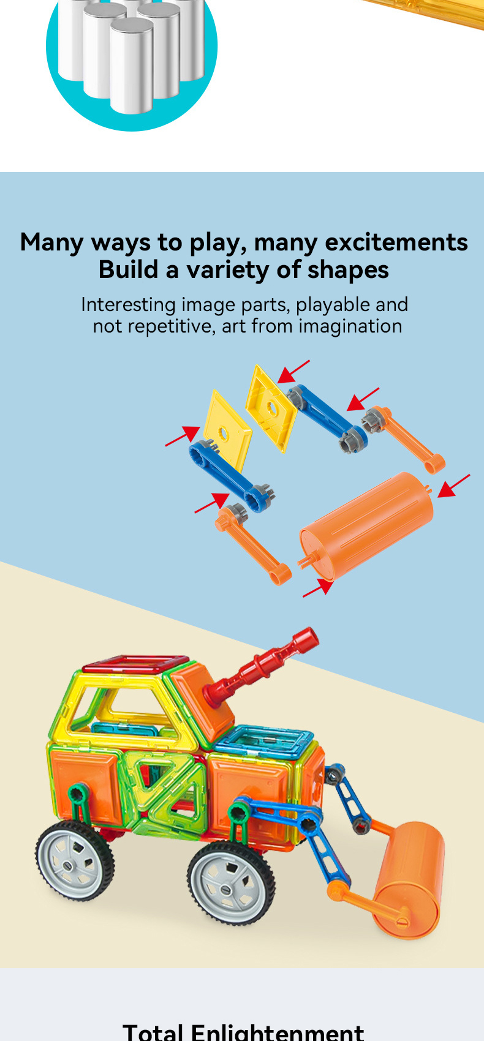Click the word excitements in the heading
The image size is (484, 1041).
(x=396, y=242)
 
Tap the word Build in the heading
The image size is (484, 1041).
(x=128, y=270)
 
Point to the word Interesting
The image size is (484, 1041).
(x=128, y=305)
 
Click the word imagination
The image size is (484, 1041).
(x=350, y=326)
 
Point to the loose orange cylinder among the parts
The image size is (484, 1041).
(x=366, y=524)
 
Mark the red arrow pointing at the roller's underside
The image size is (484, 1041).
(x=318, y=588)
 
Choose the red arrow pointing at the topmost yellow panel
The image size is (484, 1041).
(x=293, y=371)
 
